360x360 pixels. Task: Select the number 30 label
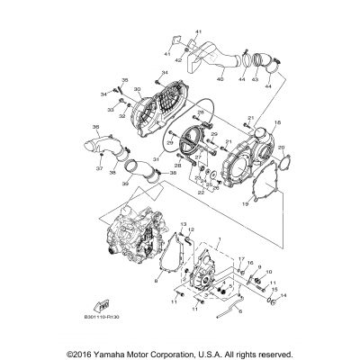(137, 89)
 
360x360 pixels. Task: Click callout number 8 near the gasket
(156, 282)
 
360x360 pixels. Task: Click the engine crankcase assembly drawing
(134, 247)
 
